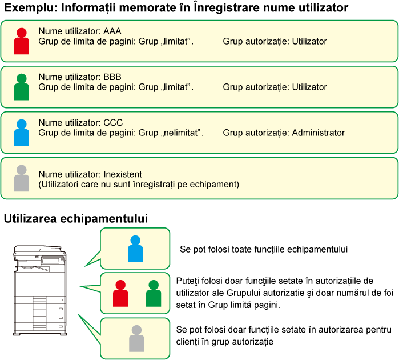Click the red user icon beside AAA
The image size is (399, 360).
(x=22, y=41)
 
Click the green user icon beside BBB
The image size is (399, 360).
(x=22, y=87)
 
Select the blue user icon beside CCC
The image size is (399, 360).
(x=22, y=133)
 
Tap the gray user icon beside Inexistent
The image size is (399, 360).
(x=22, y=178)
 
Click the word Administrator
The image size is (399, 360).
(x=318, y=133)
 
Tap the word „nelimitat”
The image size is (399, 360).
(x=182, y=133)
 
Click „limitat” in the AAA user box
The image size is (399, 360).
(x=176, y=41)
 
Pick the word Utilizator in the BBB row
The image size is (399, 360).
(x=309, y=87)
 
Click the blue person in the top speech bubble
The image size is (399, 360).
(x=135, y=249)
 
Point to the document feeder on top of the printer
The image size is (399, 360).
(x=37, y=250)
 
